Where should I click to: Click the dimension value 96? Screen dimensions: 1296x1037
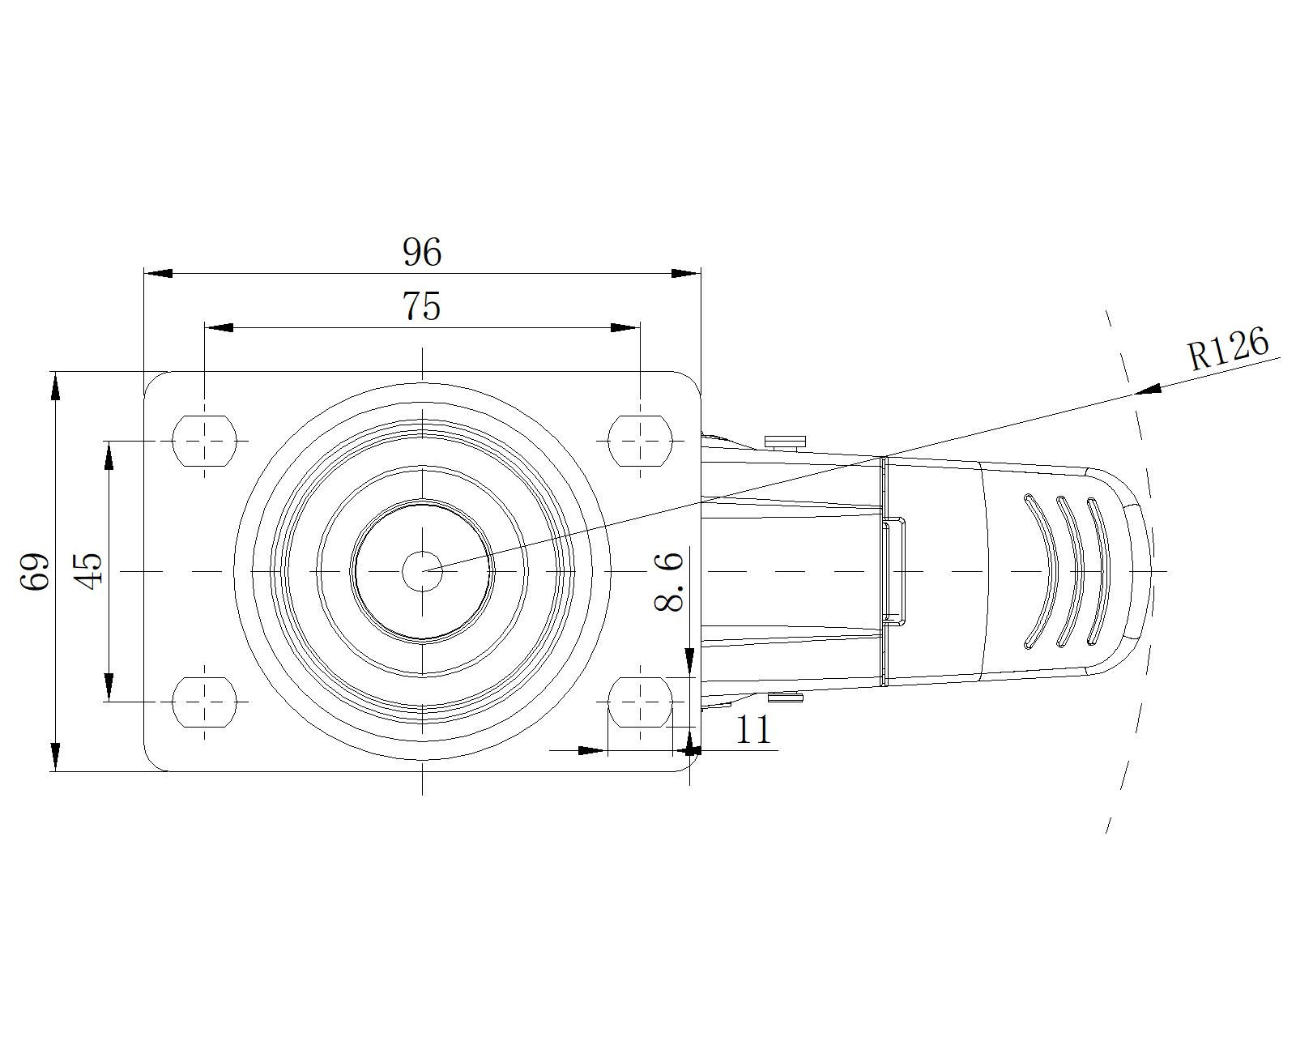point(421,252)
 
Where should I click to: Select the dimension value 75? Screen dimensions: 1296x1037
point(421,306)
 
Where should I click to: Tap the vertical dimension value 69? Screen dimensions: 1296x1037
point(34,571)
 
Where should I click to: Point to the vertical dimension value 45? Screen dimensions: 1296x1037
point(88,571)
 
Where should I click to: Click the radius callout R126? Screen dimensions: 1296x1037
point(1229,349)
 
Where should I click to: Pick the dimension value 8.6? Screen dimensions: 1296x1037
point(669,582)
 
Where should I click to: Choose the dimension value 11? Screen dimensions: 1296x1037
point(753,730)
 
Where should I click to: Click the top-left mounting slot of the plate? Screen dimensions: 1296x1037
point(204,441)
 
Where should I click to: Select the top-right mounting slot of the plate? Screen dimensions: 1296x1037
point(640,441)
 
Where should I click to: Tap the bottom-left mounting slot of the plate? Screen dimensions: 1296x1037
point(204,702)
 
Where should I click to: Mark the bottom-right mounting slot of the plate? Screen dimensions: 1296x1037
point(640,702)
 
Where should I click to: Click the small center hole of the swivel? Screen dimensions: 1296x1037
point(422,570)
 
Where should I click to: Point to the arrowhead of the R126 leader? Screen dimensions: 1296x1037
point(1147,390)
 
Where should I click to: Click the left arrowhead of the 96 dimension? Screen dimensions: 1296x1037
point(158,274)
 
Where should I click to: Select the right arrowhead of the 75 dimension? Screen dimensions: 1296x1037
point(625,328)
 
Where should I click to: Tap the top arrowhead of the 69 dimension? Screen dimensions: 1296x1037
point(55,386)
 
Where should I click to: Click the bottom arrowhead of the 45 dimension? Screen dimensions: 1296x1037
point(109,688)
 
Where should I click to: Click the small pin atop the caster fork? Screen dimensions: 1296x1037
point(786,442)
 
